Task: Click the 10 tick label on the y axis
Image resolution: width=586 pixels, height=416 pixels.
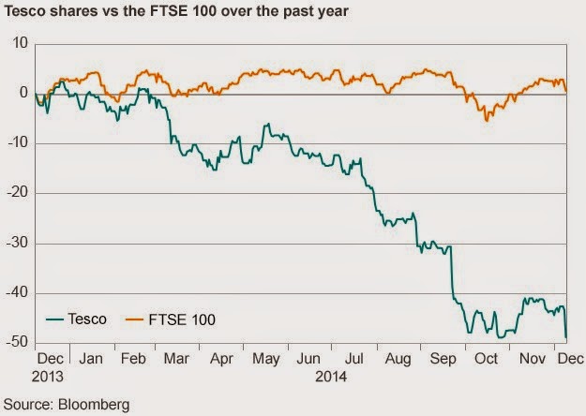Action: [20, 43]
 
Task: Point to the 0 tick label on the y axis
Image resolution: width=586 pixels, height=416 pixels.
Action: [23, 93]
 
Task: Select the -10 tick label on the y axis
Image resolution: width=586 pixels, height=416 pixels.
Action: [17, 143]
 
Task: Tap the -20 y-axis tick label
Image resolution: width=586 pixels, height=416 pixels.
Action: [17, 193]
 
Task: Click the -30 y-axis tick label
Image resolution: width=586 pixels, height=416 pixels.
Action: [17, 244]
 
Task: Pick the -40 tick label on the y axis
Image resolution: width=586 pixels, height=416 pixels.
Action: [17, 293]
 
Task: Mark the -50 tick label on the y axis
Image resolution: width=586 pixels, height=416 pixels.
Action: [17, 343]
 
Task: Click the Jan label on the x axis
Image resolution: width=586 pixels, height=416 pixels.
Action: [91, 359]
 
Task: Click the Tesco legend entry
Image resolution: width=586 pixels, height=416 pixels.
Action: [89, 319]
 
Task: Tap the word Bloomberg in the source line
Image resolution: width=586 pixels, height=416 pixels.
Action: [95, 405]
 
